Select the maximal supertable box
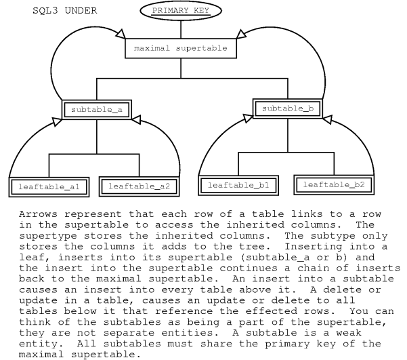pos(185,49)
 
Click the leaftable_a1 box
pos(47,185)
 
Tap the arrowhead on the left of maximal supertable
pos(122,33)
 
